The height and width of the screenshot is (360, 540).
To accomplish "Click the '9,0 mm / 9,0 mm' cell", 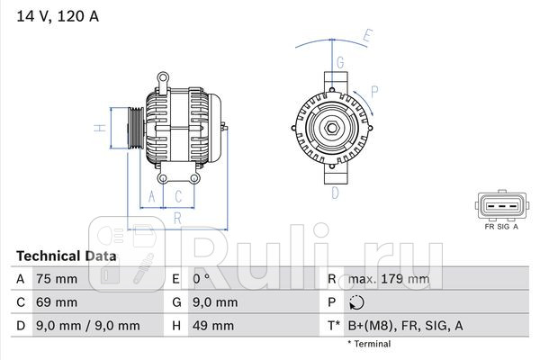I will pyautogui.click(x=88, y=326).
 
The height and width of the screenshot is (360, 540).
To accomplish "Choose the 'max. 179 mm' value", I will pyautogui.click(x=390, y=279).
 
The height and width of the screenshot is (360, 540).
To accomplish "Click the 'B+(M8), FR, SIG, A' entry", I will pyautogui.click(x=406, y=326).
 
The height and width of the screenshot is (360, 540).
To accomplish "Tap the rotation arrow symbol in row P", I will pyautogui.click(x=356, y=302).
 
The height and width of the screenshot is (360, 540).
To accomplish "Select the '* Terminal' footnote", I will pyautogui.click(x=369, y=344).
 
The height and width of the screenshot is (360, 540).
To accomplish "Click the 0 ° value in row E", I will pyautogui.click(x=201, y=279).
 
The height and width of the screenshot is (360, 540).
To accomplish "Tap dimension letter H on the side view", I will pyautogui.click(x=102, y=128).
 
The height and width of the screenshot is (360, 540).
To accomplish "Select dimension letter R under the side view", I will pyautogui.click(x=178, y=216).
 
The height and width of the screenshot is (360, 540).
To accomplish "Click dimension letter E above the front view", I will pyautogui.click(x=366, y=37).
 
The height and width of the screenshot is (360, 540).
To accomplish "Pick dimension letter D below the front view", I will pyautogui.click(x=334, y=192).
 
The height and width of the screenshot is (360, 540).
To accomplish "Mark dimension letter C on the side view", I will pyautogui.click(x=179, y=195).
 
